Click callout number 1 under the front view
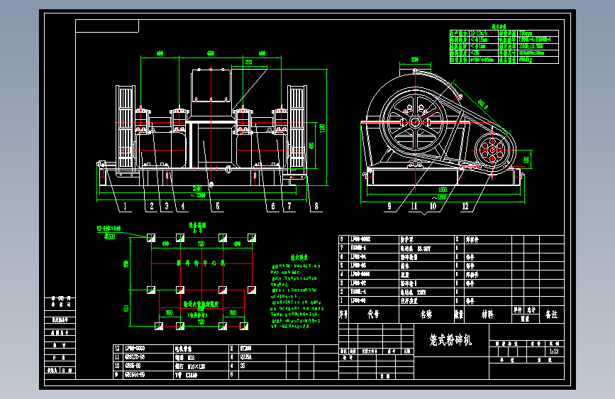point(124,207)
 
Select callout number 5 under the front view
point(217,207)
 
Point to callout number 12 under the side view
point(465,207)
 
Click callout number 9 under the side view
point(390,207)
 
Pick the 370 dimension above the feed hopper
point(249,62)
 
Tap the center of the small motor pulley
point(491,150)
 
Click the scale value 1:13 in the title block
point(553,351)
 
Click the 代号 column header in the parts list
point(373,313)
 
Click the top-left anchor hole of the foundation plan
point(150,237)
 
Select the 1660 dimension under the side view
point(443,190)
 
